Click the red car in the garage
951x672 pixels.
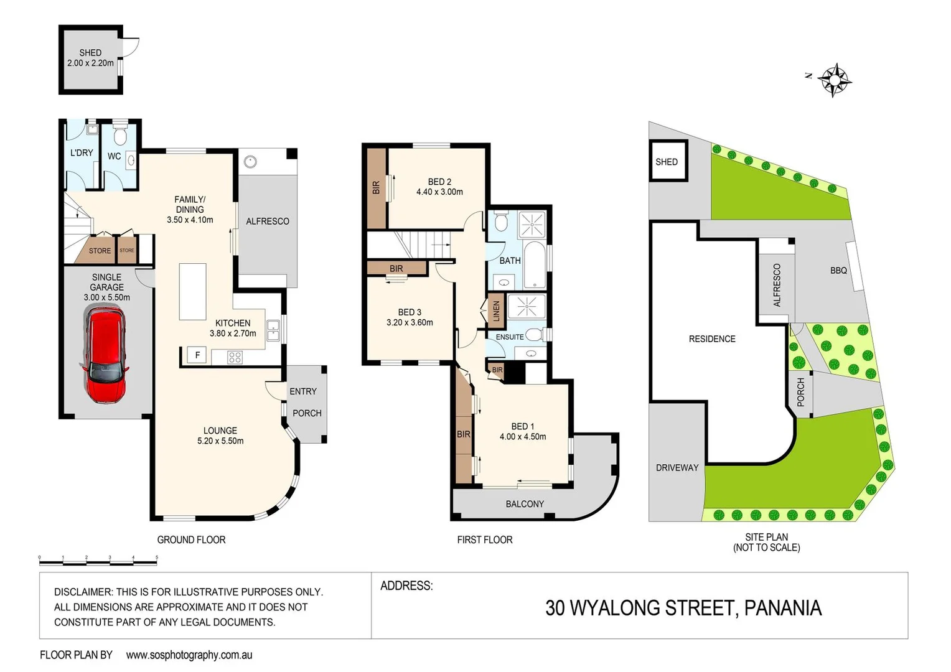tap(105, 355)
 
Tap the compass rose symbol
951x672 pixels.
tap(834, 80)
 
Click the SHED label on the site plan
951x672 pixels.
tap(666, 162)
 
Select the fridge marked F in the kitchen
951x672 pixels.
tap(197, 355)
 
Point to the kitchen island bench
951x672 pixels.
tap(192, 291)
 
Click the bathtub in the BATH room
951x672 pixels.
tap(535, 265)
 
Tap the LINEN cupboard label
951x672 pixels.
tap(496, 309)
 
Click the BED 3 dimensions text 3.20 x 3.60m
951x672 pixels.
tap(410, 322)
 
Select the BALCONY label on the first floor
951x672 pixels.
tap(525, 504)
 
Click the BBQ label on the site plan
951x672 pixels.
tap(838, 271)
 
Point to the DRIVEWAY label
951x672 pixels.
tap(677, 468)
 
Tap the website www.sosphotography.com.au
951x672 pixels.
tap(189, 655)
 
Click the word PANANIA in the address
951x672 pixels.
tap(783, 608)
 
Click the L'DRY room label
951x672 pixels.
tap(82, 152)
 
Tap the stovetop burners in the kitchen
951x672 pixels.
tap(235, 357)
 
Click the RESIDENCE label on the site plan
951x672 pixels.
tap(712, 339)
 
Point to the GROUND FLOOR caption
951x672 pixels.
tap(191, 540)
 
